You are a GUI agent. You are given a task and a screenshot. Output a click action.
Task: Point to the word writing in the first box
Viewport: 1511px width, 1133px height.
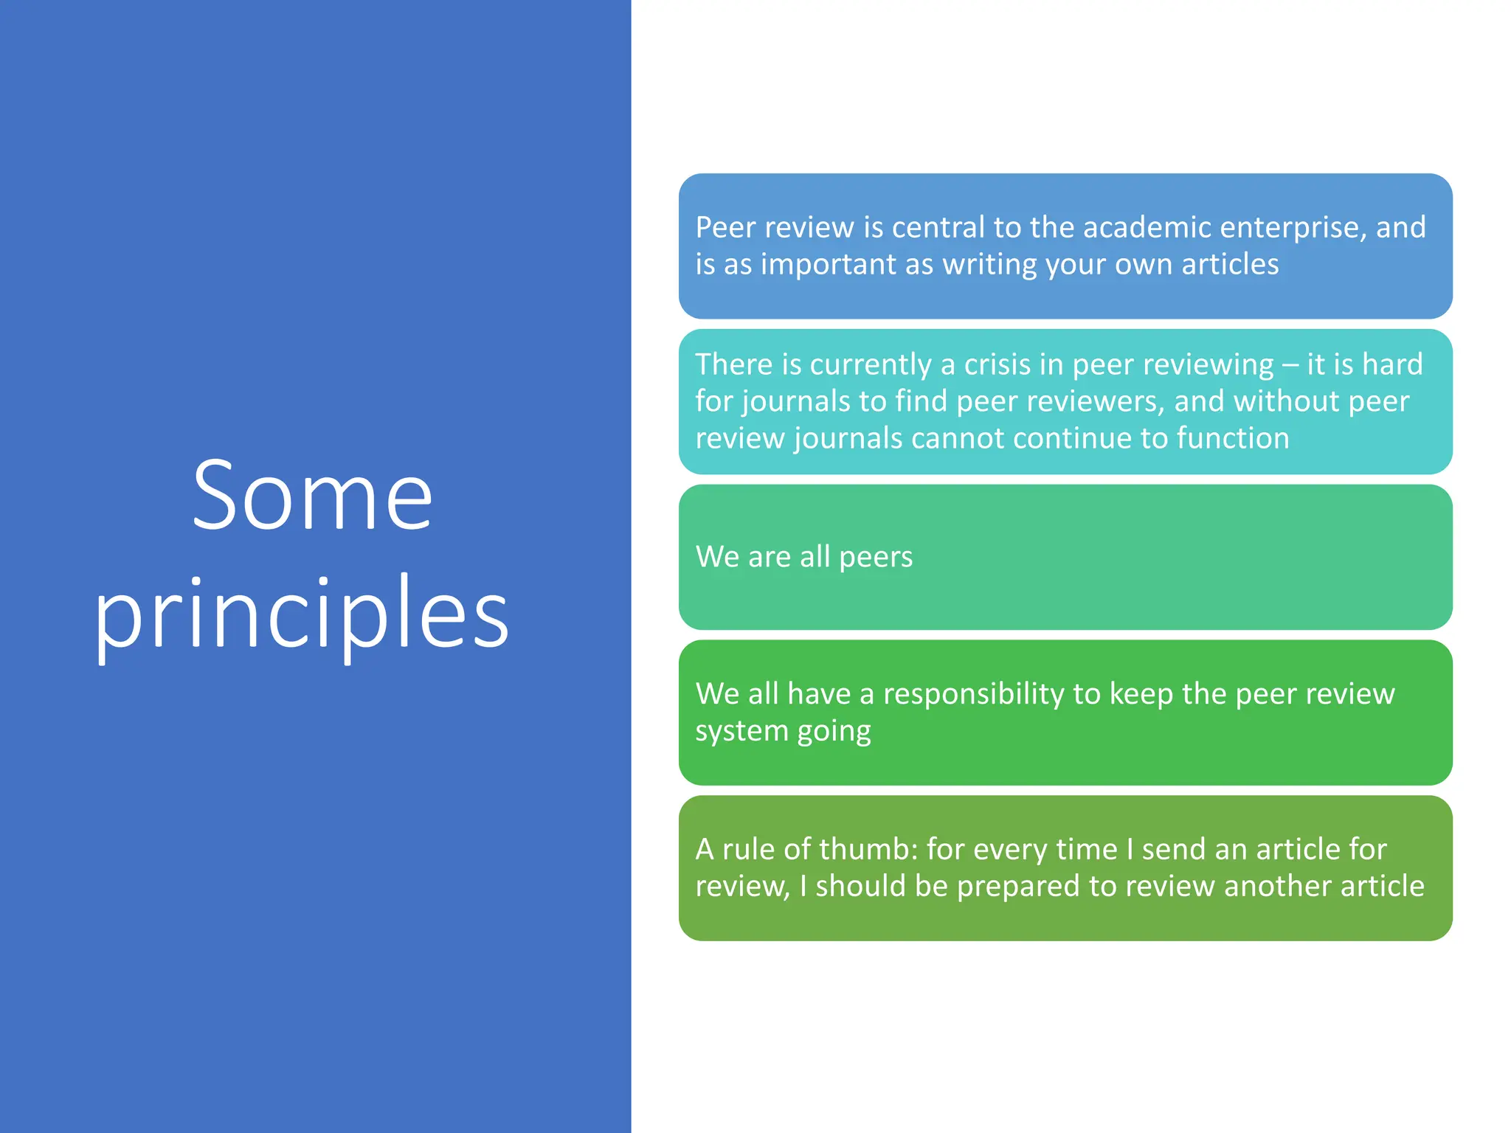point(989,264)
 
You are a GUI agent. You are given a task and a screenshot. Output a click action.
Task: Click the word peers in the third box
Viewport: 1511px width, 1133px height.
point(876,557)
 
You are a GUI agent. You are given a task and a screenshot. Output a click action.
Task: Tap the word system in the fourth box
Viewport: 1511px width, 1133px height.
point(741,732)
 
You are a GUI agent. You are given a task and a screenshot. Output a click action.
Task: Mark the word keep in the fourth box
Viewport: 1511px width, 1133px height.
point(1141,695)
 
